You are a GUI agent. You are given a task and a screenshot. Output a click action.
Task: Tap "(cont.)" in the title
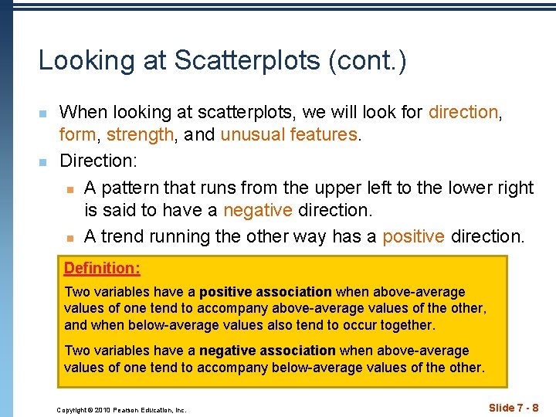click(x=368, y=60)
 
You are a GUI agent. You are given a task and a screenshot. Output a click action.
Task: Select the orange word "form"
click(x=77, y=135)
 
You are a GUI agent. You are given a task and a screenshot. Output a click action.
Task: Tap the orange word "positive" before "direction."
click(x=413, y=236)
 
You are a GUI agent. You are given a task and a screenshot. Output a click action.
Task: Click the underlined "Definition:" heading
click(x=102, y=269)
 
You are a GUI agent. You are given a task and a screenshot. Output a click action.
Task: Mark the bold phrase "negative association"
click(x=267, y=351)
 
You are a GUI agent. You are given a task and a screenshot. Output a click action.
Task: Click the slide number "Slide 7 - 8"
click(x=514, y=408)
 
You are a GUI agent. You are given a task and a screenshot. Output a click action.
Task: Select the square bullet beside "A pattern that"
click(x=69, y=189)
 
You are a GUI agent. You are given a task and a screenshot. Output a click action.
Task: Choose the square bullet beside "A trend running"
click(x=69, y=237)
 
